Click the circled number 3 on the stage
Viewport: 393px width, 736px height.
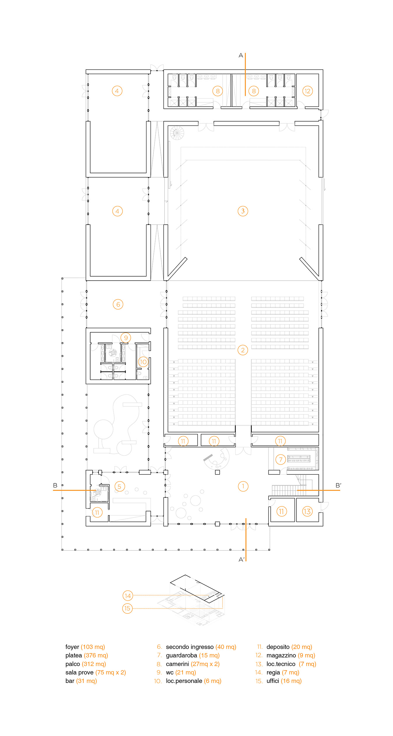243,211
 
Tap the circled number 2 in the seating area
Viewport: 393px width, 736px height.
243,350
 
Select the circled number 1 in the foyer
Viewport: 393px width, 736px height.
243,486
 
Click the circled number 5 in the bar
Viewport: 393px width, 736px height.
119,486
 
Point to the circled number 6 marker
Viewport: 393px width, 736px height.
118,304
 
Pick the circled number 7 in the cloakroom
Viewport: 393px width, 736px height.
281,459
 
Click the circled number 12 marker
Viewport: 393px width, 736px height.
308,91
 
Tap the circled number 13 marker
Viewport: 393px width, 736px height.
307,511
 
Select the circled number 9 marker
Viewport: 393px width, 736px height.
126,338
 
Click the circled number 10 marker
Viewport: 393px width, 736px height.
143,362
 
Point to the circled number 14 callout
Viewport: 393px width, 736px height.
128,596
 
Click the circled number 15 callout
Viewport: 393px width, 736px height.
127,608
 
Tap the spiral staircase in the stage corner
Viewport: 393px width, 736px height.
177,133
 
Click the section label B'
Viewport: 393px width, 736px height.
338,485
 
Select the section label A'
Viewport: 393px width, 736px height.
242,560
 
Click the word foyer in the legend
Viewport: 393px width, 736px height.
72,647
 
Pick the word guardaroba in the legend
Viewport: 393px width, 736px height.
181,655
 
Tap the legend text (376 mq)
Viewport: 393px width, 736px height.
96,655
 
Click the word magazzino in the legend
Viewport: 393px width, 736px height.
281,655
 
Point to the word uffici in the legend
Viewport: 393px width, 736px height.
273,681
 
